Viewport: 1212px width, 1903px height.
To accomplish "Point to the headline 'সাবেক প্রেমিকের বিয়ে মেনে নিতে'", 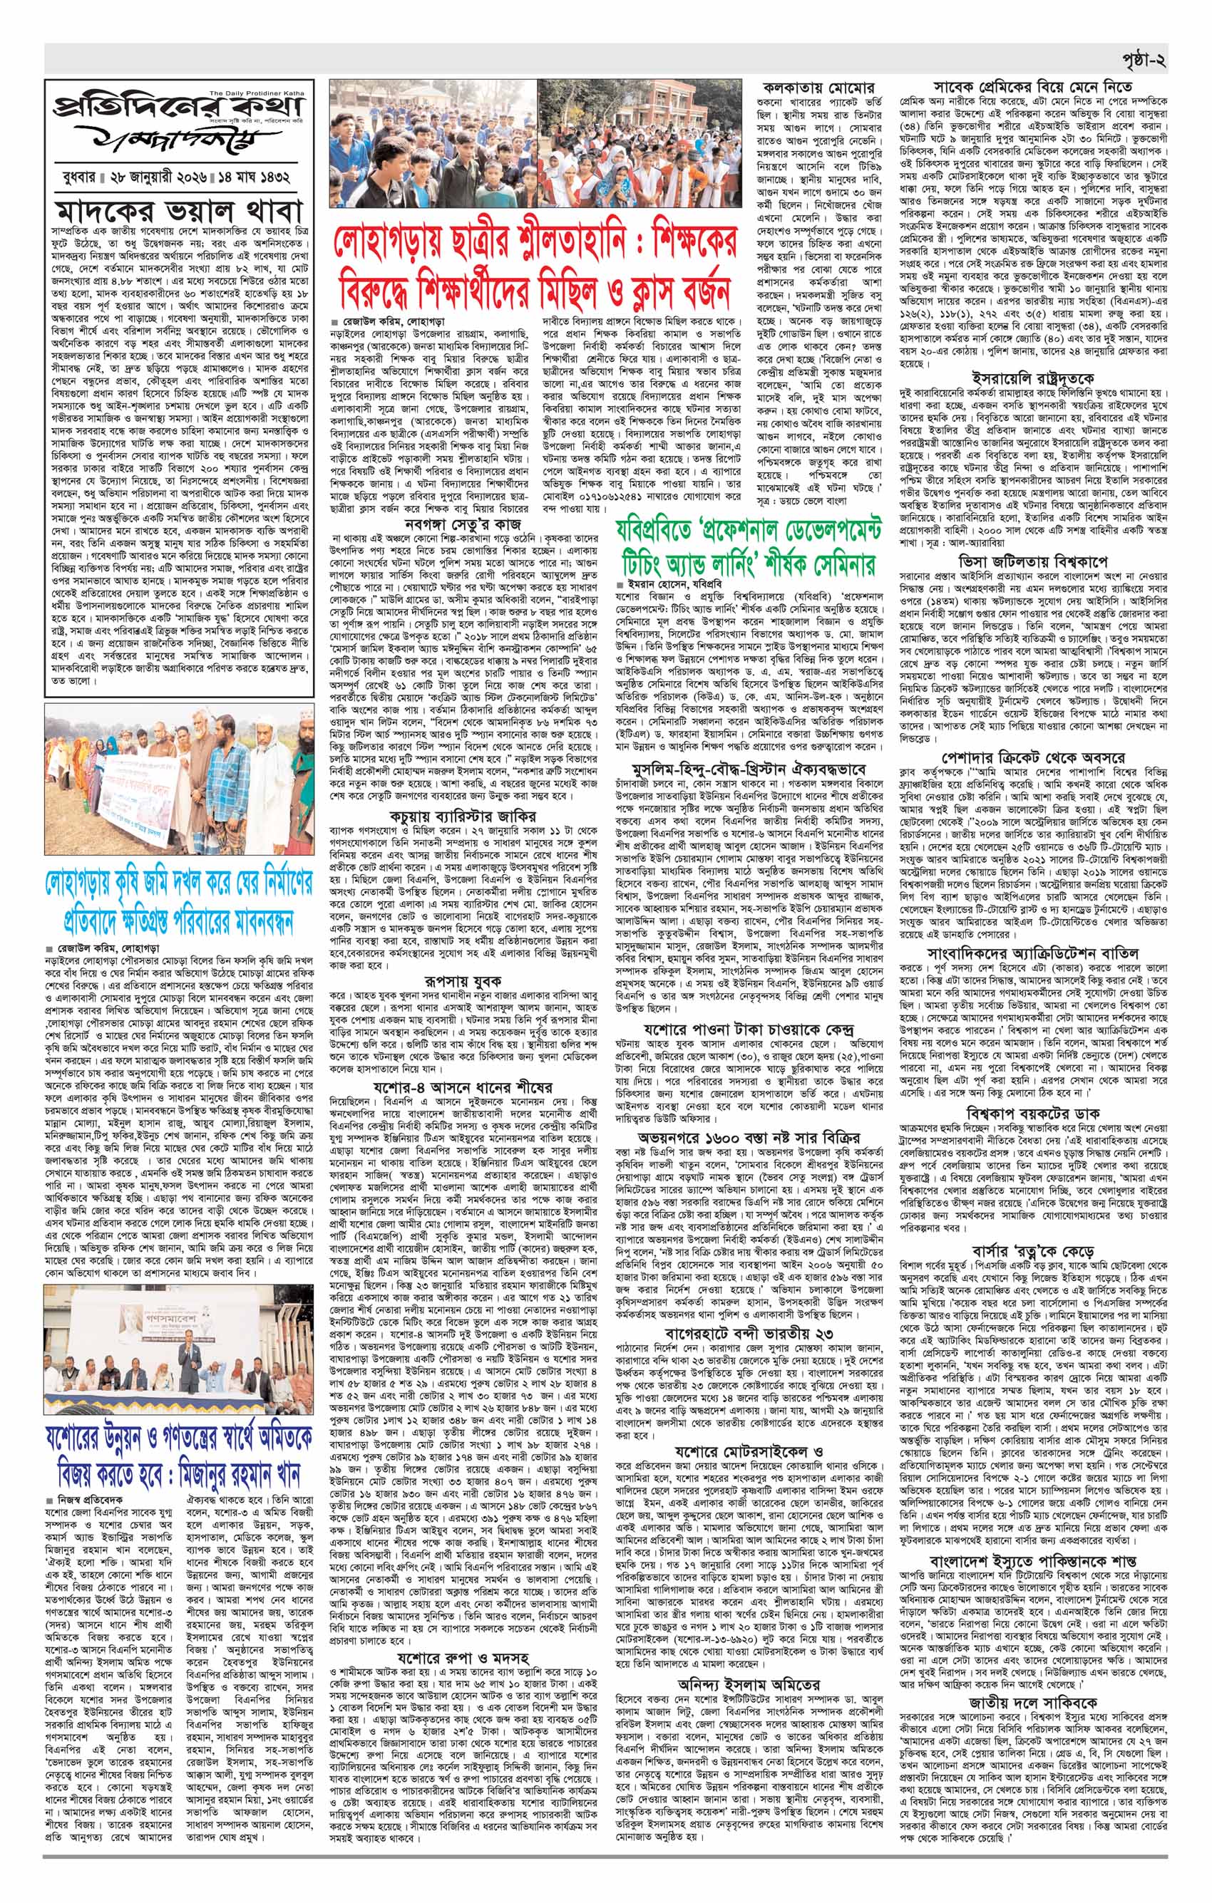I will click(x=1032, y=85).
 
